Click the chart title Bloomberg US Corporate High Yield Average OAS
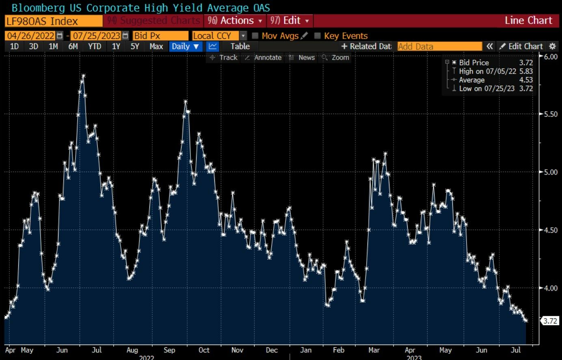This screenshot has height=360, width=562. (x=140, y=8)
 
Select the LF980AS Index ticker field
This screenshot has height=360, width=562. (x=53, y=21)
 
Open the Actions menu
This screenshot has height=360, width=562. (x=235, y=21)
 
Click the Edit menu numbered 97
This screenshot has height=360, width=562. (x=289, y=21)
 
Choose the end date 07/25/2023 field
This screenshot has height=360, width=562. (x=97, y=36)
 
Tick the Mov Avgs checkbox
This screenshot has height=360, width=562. (x=255, y=36)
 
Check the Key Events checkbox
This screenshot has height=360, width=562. (x=318, y=36)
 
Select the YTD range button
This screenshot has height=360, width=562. (x=95, y=46)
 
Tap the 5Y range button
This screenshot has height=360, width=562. (x=135, y=46)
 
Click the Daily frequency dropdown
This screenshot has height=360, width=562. (x=185, y=46)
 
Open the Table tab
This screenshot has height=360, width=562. (x=240, y=46)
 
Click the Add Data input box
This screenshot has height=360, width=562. (x=439, y=47)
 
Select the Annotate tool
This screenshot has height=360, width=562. (x=264, y=58)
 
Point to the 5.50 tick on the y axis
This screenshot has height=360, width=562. (x=551, y=114)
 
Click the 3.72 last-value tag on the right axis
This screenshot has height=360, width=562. (x=550, y=321)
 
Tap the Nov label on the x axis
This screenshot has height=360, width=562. (x=237, y=350)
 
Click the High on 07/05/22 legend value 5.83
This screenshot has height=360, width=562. (x=526, y=71)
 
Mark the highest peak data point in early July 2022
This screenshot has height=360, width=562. (x=83, y=76)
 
